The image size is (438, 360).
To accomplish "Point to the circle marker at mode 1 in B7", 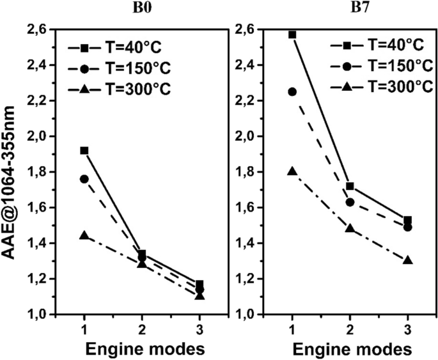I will pos(292,91).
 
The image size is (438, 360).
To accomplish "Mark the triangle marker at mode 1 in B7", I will pos(292,171).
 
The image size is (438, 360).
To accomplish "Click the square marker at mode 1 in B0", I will pos(84,150).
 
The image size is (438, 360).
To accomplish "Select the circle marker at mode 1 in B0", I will pos(84,179).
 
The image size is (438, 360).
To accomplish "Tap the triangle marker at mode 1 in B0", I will pos(84,235).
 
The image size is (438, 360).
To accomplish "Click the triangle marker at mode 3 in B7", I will pos(408,260).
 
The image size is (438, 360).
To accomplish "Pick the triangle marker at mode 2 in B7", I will pos(350,228).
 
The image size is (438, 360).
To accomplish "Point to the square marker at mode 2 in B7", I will pos(350,186).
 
